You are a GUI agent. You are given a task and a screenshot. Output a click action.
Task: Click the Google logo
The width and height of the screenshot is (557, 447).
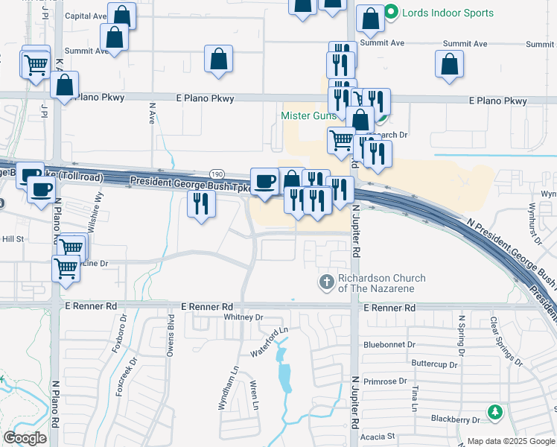(25, 437)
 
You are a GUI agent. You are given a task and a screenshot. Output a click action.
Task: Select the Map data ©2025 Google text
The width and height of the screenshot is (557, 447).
(509, 441)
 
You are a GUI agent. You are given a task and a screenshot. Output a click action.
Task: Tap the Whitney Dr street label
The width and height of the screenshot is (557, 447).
(244, 317)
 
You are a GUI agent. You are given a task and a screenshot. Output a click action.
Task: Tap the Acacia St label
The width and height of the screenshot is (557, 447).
(376, 436)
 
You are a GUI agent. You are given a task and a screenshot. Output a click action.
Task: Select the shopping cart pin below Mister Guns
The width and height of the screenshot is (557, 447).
(341, 139)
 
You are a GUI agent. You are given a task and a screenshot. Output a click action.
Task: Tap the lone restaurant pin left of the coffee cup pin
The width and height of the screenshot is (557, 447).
(200, 203)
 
